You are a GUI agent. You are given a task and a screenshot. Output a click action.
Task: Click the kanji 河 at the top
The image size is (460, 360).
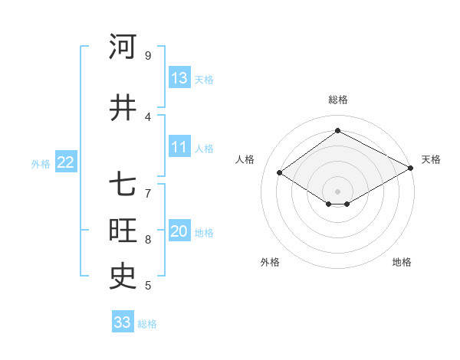[123, 47]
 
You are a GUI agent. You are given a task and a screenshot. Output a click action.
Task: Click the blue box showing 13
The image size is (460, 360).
[179, 78]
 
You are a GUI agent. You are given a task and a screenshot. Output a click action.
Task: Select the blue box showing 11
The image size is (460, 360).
[179, 147]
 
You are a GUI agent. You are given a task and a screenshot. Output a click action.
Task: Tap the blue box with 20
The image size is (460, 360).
[179, 231]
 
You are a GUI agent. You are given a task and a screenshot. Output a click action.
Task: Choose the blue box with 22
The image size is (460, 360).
[65, 162]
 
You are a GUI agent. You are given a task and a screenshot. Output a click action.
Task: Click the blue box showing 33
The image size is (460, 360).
[122, 322]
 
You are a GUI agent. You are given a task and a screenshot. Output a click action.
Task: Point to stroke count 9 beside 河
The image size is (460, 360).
[147, 56]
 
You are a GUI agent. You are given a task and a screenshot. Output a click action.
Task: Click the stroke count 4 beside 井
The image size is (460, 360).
[147, 117]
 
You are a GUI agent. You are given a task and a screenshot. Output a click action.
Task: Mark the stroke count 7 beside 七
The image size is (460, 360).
[147, 186]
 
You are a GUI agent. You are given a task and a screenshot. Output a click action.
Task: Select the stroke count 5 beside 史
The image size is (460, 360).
[147, 286]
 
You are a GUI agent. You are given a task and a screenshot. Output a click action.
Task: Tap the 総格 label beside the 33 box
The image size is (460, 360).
[147, 324]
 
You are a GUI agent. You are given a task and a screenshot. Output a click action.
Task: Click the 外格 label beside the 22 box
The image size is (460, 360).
[41, 163]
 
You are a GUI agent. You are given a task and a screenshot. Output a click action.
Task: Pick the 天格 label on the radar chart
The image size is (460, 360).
[431, 159]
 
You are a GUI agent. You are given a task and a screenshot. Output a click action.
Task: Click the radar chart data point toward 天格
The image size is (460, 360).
[411, 169]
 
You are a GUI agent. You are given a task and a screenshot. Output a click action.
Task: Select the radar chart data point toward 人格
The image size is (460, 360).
[280, 173]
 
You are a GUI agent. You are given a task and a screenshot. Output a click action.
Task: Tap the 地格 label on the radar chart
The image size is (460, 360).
[402, 262]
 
